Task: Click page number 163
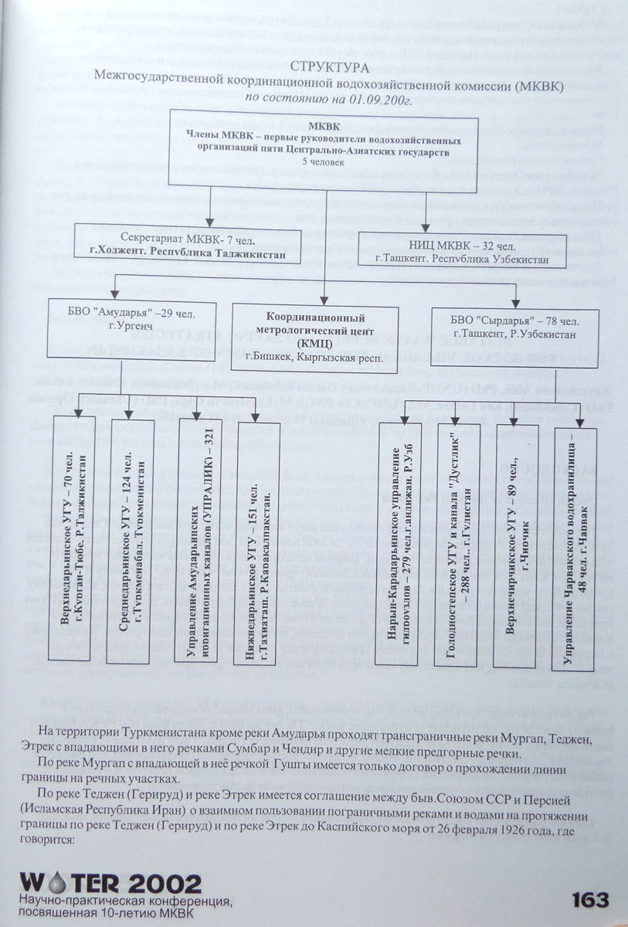point(591,900)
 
